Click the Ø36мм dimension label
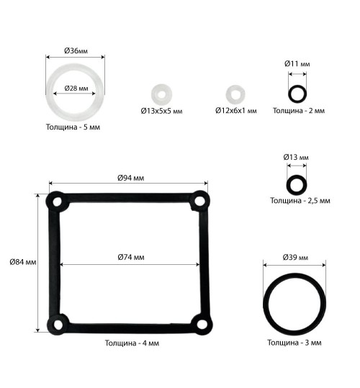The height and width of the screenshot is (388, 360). point(76,50)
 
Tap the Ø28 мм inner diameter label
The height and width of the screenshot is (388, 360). point(76,88)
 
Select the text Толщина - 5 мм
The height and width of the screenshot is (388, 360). point(73,127)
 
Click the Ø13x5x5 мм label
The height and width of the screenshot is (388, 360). point(161,111)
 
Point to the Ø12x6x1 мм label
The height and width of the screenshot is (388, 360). point(235,111)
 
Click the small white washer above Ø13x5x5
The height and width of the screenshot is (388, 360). point(161,94)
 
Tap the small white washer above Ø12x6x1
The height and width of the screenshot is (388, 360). point(235,94)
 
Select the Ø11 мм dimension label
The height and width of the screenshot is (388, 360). point(297,64)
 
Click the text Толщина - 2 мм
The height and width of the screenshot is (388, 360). point(299,110)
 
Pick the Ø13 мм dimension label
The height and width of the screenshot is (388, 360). point(296,157)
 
